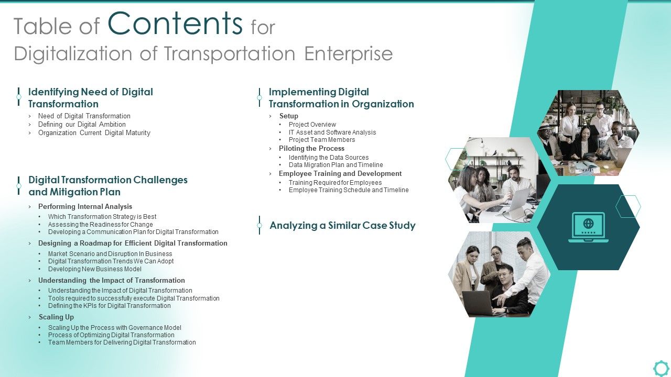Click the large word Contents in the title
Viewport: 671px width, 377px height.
point(175,24)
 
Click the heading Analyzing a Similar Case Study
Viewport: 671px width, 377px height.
point(342,226)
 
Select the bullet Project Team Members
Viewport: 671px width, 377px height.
point(322,140)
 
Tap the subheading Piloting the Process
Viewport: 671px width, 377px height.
point(311,149)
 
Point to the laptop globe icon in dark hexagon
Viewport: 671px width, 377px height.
point(588,227)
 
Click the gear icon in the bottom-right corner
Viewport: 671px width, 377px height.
point(661,368)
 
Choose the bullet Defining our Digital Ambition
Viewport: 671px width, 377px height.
point(82,125)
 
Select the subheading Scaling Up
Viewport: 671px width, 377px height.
point(56,317)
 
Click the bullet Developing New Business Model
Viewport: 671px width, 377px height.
point(95,269)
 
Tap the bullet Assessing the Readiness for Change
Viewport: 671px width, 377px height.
point(101,225)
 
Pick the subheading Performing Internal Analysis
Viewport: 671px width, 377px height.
point(85,207)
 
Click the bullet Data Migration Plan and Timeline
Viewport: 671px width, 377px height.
point(335,165)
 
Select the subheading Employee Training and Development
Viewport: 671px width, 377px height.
point(340,174)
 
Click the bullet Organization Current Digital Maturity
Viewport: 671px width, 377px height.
point(94,133)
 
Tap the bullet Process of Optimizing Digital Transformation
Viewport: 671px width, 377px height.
point(111,335)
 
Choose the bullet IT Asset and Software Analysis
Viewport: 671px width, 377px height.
point(332,132)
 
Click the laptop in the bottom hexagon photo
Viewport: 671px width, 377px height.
point(479,303)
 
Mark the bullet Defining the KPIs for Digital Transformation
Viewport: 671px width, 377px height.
point(110,306)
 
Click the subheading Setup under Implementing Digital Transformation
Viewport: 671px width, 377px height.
point(289,116)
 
